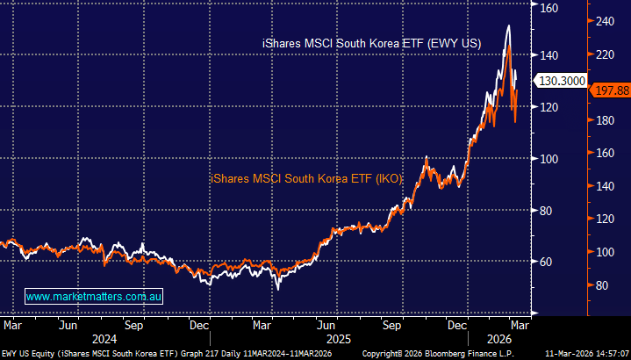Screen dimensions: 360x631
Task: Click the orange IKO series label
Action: pos(306,178)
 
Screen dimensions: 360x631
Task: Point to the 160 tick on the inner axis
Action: pos(549,8)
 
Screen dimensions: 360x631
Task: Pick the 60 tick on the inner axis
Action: pos(547,262)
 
